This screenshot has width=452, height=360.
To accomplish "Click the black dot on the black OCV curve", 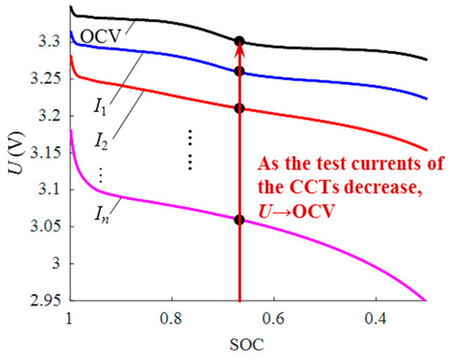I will pyautogui.click(x=239, y=41).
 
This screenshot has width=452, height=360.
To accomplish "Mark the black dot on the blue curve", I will pyautogui.click(x=239, y=72).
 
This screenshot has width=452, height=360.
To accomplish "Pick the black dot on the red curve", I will pyautogui.click(x=239, y=108).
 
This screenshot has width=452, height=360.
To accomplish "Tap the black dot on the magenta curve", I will pyautogui.click(x=239, y=219).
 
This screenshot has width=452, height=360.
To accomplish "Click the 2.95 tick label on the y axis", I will pyautogui.click(x=48, y=302).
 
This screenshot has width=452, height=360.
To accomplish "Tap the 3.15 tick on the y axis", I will pyautogui.click(x=48, y=153).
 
